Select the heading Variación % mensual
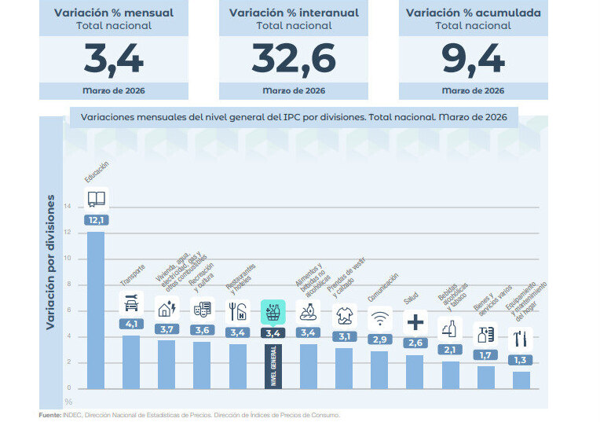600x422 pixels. pyautogui.click(x=114, y=13)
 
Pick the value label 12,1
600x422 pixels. pyautogui.click(x=96, y=220)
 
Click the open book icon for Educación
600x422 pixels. pyautogui.click(x=96, y=199)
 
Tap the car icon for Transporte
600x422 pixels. pyautogui.click(x=130, y=303)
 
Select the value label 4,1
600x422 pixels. pyautogui.click(x=130, y=324)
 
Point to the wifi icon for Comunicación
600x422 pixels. pyautogui.click(x=379, y=318)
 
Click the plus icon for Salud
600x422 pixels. pyautogui.click(x=415, y=321)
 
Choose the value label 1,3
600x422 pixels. pyautogui.click(x=520, y=360)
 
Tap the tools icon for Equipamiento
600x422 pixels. pyautogui.click(x=520, y=339)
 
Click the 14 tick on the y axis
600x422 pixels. pyautogui.click(x=67, y=207)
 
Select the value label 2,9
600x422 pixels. pyautogui.click(x=379, y=339)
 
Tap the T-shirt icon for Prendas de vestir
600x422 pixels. pyautogui.click(x=344, y=315)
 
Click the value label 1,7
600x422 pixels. pyautogui.click(x=485, y=354)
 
